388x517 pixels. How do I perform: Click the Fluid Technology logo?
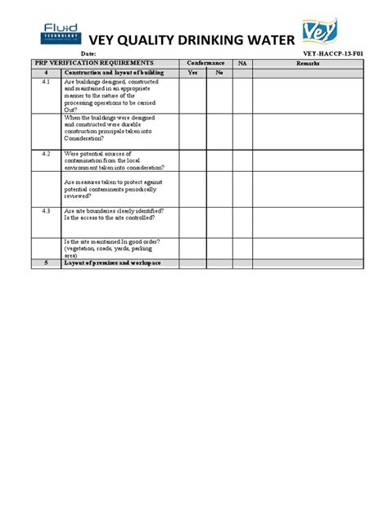coord(62,34)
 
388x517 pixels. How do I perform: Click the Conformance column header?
coord(205,62)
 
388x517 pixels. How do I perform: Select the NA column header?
coord(242,62)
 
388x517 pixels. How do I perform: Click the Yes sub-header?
coord(193,72)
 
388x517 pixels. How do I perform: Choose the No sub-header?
coord(219,72)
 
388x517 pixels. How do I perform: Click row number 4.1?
coord(46,83)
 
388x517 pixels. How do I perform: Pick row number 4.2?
coord(46,153)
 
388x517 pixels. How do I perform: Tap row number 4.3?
coord(46,210)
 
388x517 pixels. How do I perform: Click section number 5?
coord(46,263)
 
